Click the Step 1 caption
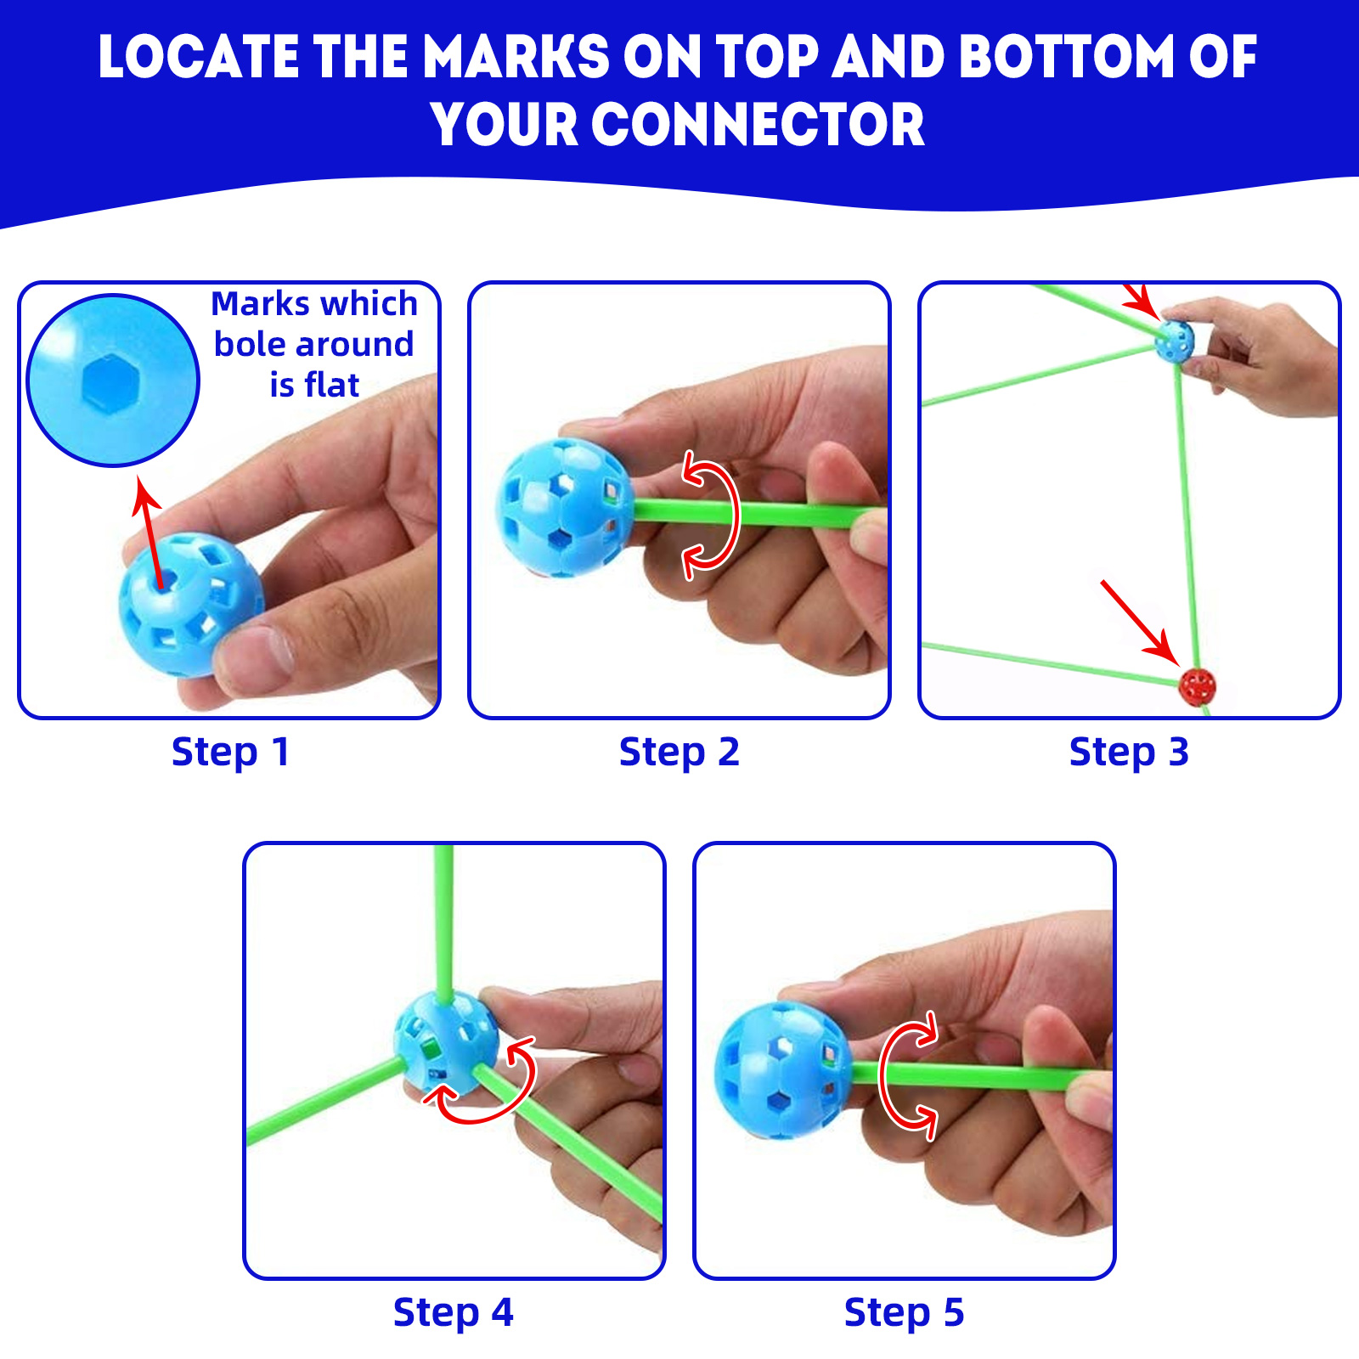230,753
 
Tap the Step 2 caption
679,753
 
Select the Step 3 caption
1129,753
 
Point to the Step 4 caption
454,1313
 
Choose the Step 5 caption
904,1313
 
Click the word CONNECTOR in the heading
758,125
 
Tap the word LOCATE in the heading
199,58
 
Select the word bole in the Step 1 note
249,344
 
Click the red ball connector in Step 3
1197,686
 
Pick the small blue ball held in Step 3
1175,341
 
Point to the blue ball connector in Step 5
781,1070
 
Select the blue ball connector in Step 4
447,1043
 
